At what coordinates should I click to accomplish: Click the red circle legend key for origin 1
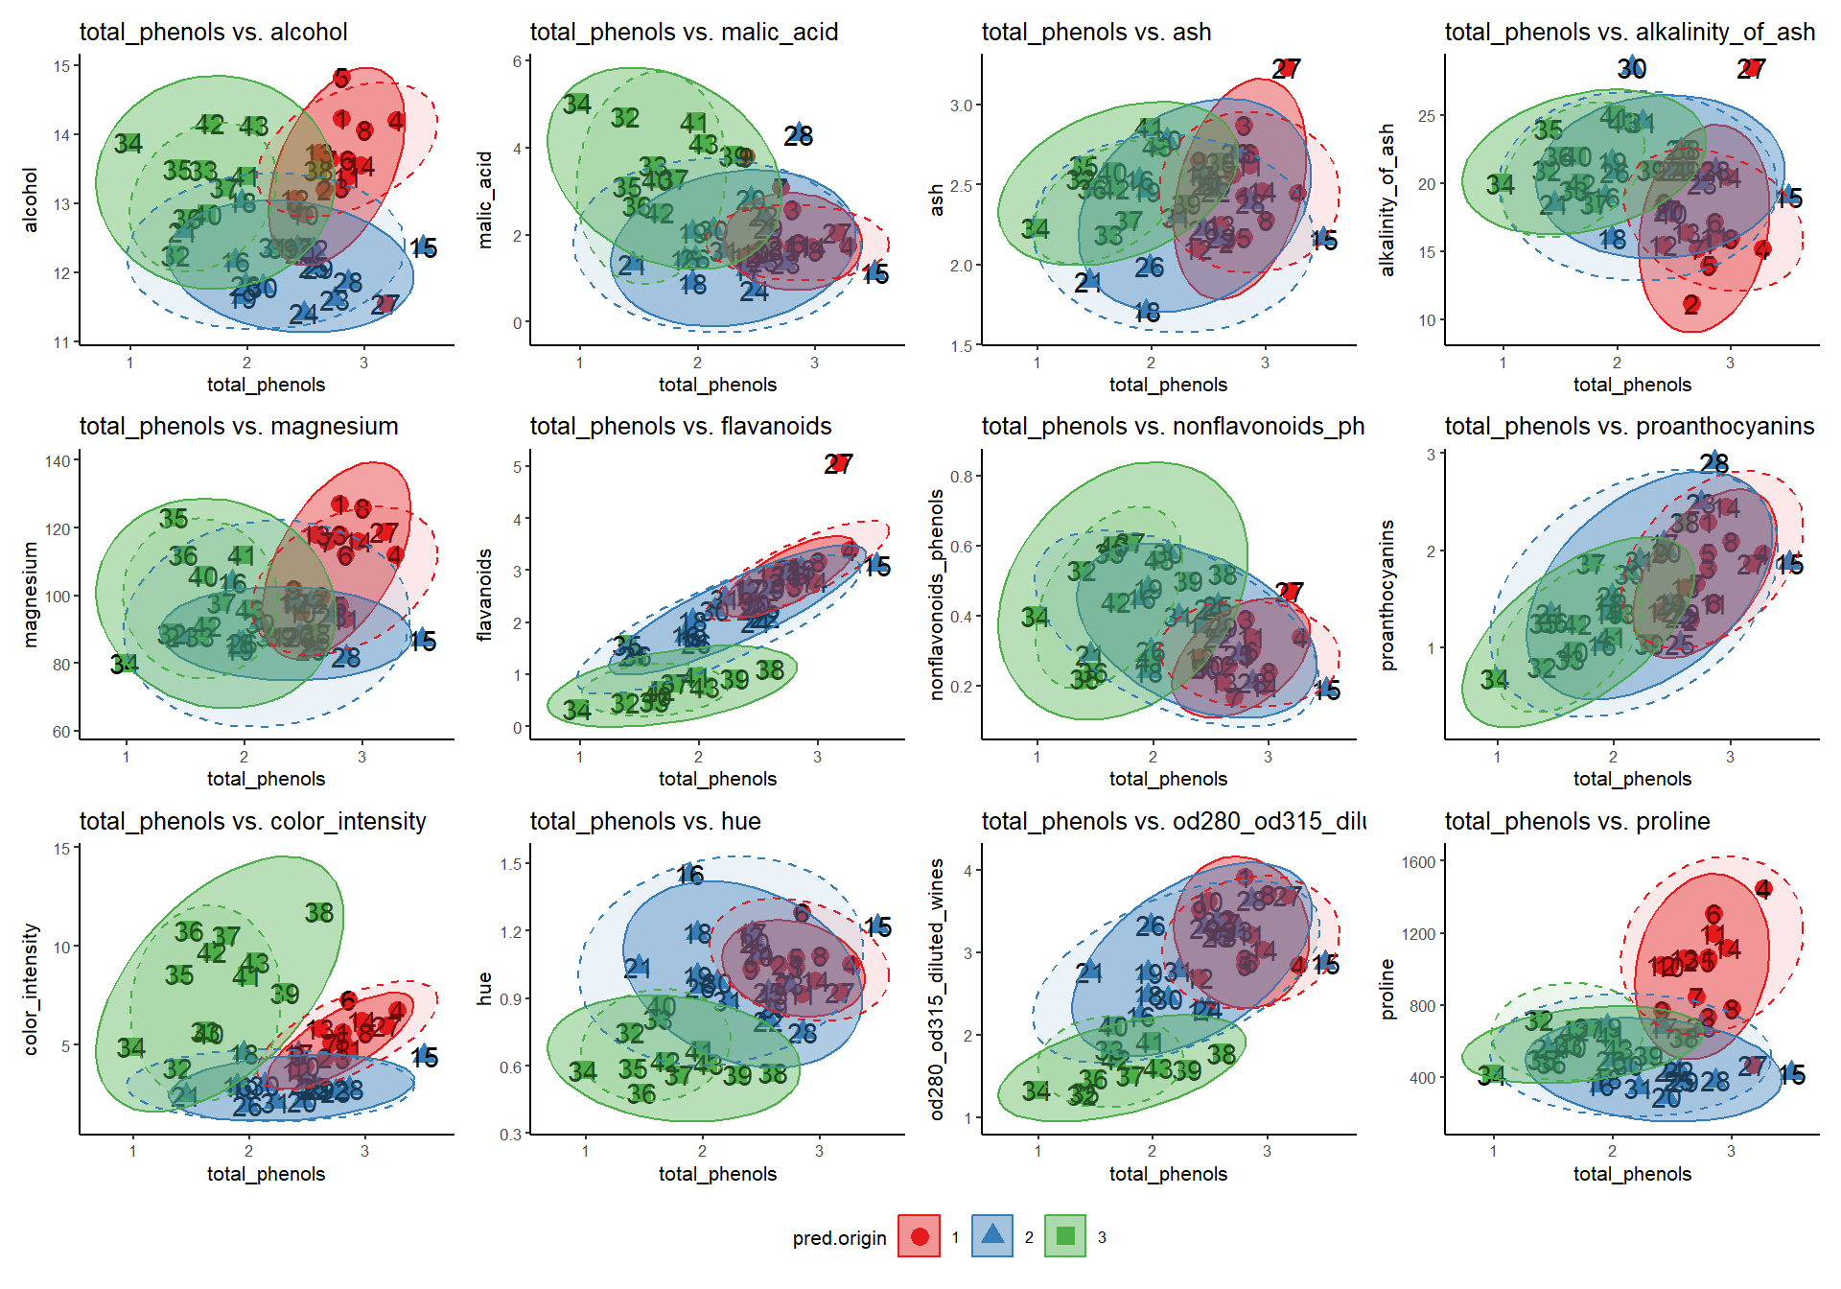click(919, 1236)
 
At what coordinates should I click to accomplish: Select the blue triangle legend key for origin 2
click(992, 1236)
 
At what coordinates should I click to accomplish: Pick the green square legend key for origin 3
click(1065, 1236)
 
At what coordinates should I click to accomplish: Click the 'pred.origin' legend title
click(839, 1238)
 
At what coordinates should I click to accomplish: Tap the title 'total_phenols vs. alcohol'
click(213, 32)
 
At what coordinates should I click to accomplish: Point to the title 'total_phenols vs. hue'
click(645, 821)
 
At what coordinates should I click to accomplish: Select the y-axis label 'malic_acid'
click(485, 199)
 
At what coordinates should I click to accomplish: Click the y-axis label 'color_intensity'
click(31, 989)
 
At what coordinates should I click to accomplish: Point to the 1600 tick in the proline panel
click(1418, 862)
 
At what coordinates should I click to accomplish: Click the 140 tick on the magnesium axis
click(58, 461)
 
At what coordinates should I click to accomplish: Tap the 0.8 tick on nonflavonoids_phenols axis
click(961, 477)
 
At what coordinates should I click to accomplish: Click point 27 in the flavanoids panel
click(838, 464)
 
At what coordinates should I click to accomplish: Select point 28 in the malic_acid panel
click(799, 135)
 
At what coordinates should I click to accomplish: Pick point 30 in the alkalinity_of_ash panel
click(1632, 68)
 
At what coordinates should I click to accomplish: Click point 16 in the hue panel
click(690, 874)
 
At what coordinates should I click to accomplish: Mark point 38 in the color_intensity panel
click(319, 913)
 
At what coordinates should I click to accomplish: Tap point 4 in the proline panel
click(1763, 889)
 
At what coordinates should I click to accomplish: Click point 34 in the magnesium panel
click(124, 664)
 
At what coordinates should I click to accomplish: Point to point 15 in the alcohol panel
click(423, 248)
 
